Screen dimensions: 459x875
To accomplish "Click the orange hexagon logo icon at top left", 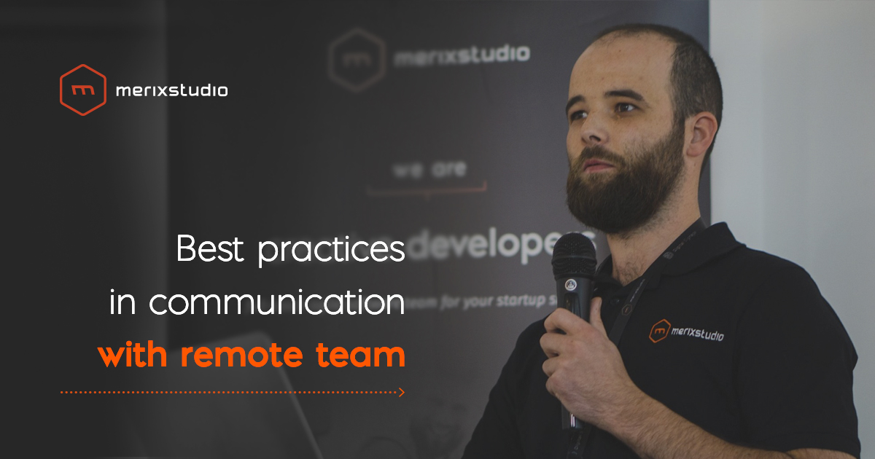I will (82, 90).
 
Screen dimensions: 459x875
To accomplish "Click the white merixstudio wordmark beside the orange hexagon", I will (171, 91).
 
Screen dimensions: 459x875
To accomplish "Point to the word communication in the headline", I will (277, 302).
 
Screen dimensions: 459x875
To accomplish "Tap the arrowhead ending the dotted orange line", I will (400, 392).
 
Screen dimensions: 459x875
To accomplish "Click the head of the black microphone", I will (574, 258).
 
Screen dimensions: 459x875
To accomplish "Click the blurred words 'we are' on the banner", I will (429, 169).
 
